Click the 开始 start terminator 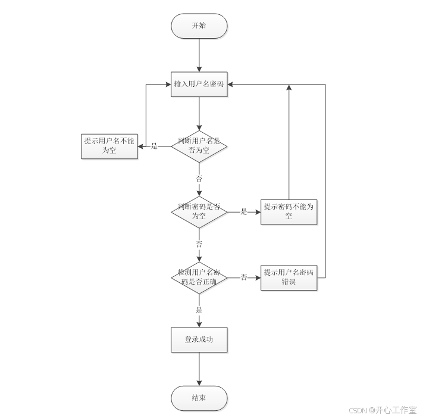(x=199, y=26)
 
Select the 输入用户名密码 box (x=199, y=84)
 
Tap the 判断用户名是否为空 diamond (x=199, y=146)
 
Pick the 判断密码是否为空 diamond (x=199, y=211)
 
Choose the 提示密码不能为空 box (x=289, y=211)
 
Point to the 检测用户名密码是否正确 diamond (x=199, y=277)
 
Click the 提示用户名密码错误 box (x=289, y=277)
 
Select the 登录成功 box (x=199, y=340)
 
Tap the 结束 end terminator (x=199, y=398)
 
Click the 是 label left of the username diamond (x=154, y=146)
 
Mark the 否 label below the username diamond (x=199, y=178)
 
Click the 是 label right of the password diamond (x=244, y=211)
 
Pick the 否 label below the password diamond (x=199, y=244)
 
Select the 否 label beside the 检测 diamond (x=244, y=277)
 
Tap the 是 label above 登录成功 (x=199, y=310)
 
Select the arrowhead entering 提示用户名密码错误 (x=258, y=277)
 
